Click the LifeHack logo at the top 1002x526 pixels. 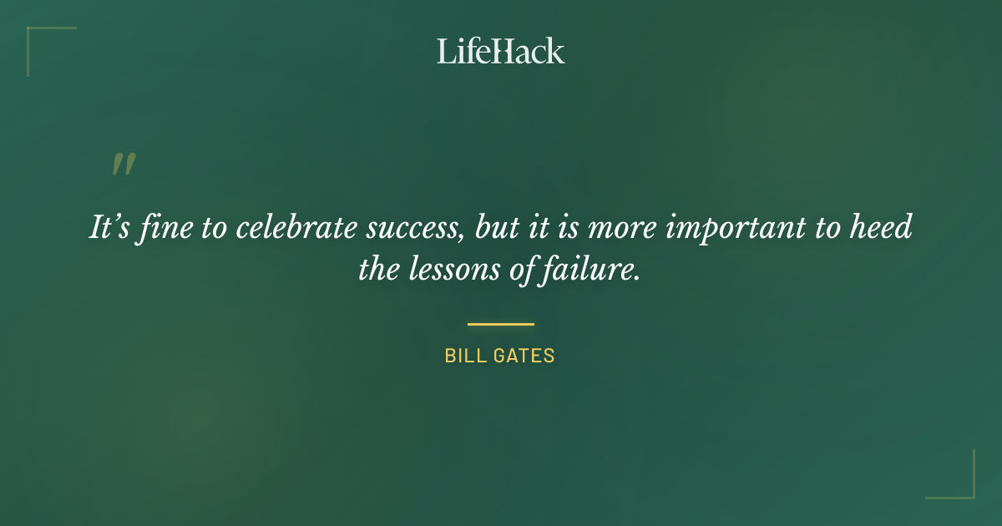pos(500,51)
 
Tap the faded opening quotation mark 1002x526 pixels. pos(123,164)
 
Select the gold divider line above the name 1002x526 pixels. pos(500,324)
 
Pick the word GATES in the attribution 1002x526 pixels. pos(528,356)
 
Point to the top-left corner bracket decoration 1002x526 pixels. pos(42,42)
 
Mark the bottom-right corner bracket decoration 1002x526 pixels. pos(960,484)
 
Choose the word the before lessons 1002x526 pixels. pos(379,269)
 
